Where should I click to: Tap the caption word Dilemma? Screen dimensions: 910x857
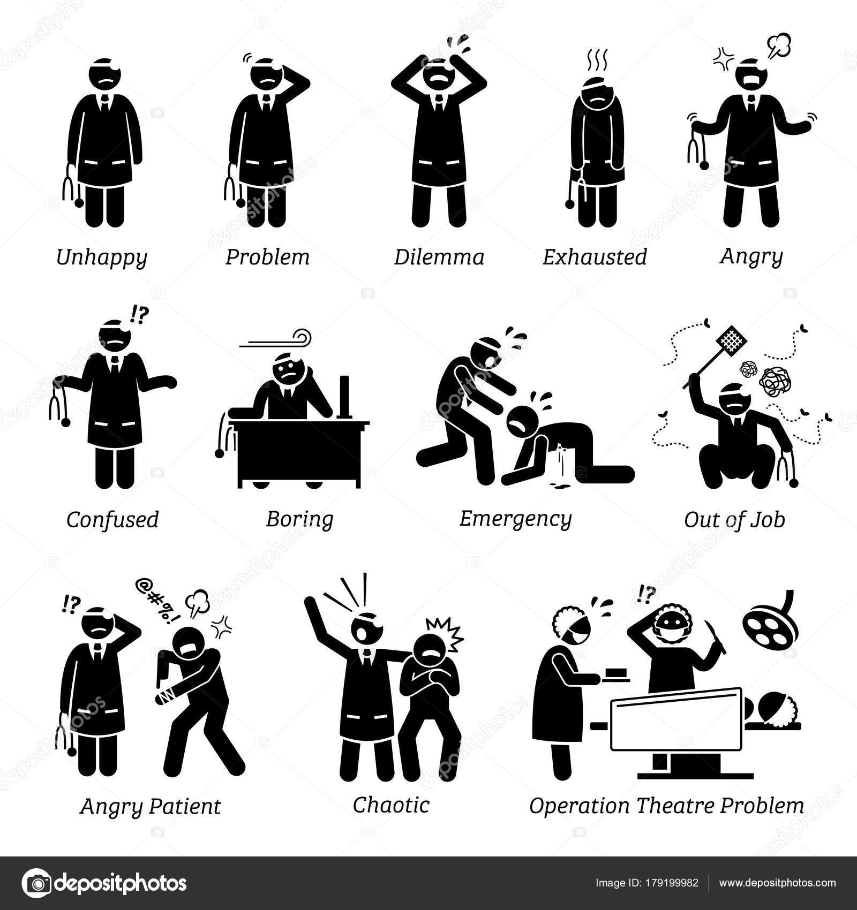click(439, 257)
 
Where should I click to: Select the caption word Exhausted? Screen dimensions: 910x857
click(595, 257)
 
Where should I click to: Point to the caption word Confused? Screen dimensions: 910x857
click(112, 519)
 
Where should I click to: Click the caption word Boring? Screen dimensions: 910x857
click(299, 519)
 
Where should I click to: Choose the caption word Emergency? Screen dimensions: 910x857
click(515, 519)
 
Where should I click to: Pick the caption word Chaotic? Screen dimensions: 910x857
click(391, 805)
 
